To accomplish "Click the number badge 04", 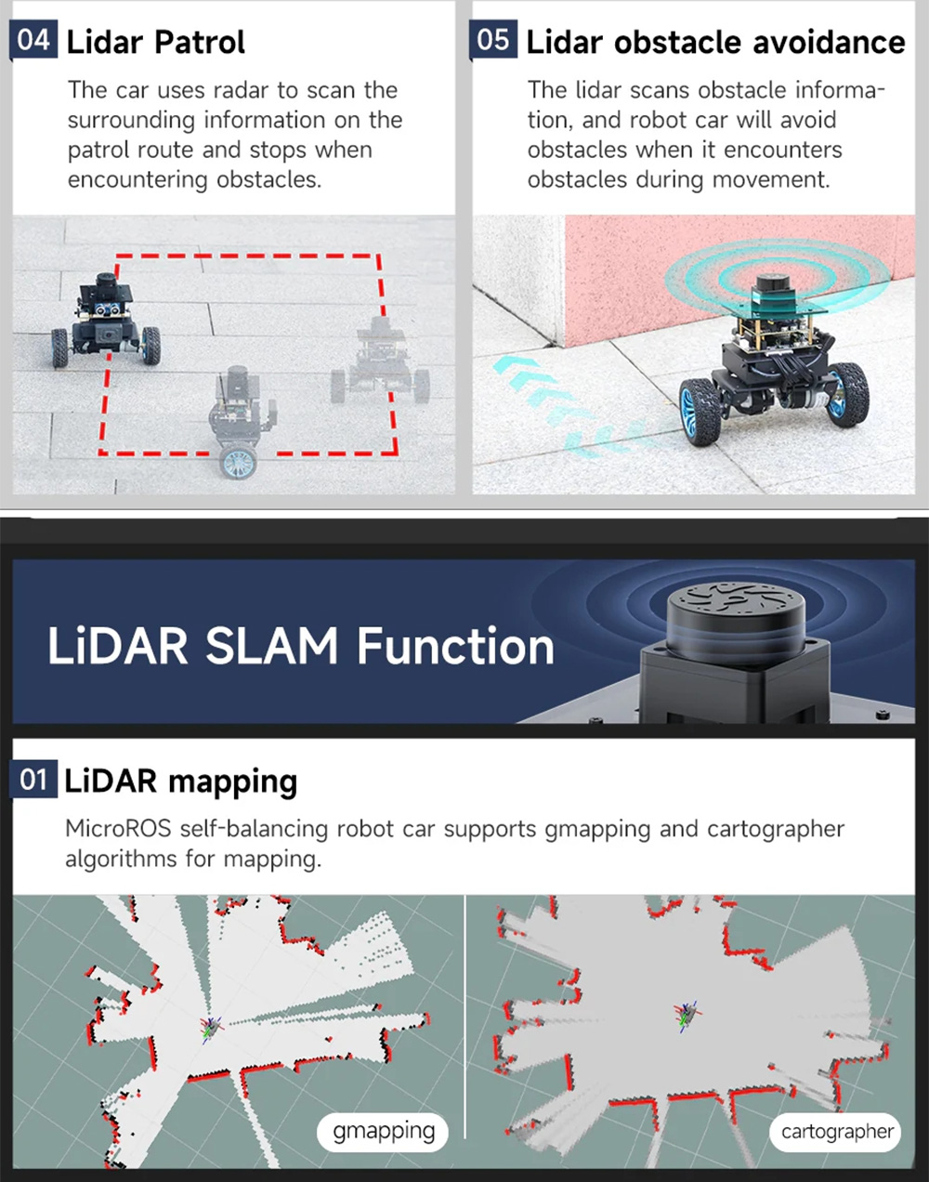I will pos(33,41).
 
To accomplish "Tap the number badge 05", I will pos(493,41).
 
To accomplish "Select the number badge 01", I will pos(34,780).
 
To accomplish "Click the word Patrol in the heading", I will pos(200,43).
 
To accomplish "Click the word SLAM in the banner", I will pos(271,646).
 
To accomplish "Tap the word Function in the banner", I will pos(455,646).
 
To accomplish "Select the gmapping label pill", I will pos(384,1131).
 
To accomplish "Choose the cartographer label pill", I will pos(836,1132).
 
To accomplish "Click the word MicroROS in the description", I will pos(118,828).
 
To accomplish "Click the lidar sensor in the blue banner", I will pos(734,618).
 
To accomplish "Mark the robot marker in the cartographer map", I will pos(687,1014).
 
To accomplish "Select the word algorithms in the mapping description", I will pos(121,859).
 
